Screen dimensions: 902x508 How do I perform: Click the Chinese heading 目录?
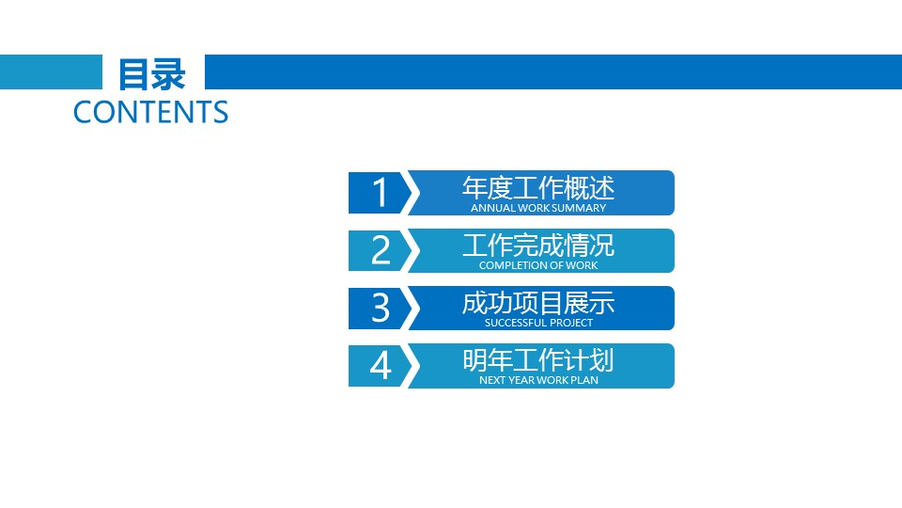click(152, 74)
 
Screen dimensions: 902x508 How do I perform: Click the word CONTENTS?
click(150, 112)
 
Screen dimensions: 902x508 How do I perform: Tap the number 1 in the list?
click(380, 192)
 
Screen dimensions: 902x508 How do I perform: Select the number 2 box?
click(381, 250)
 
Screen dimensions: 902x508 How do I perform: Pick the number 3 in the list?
click(381, 308)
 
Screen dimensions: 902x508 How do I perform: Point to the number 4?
click(381, 365)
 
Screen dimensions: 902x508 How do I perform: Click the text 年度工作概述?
click(538, 188)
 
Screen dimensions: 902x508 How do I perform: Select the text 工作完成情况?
click(538, 246)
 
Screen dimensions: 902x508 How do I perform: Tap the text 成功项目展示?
click(538, 303)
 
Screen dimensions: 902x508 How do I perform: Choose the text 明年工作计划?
click(538, 360)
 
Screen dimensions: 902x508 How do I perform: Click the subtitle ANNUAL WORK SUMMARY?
click(538, 208)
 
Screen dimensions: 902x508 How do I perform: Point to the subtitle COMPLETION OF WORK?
click(538, 265)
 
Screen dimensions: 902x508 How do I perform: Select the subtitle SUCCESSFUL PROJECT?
click(538, 323)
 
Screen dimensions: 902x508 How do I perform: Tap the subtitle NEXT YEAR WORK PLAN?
click(538, 380)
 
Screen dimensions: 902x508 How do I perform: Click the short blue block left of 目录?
click(51, 72)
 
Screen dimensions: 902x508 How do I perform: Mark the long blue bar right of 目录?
click(553, 72)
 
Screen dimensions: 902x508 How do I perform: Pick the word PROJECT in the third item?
click(569, 323)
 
